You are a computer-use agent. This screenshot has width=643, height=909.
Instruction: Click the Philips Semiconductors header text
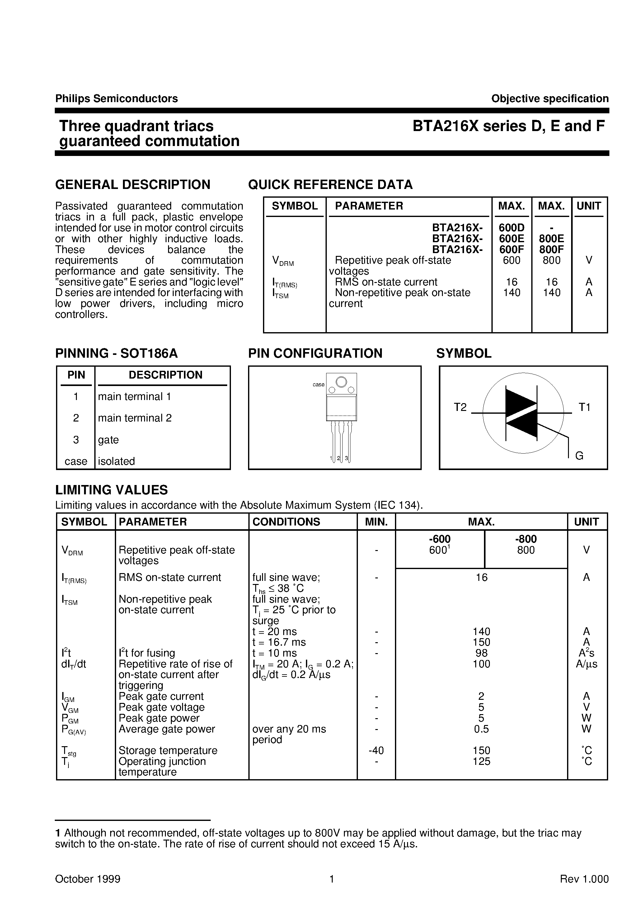point(116,99)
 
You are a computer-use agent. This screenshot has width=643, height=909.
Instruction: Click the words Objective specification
point(550,99)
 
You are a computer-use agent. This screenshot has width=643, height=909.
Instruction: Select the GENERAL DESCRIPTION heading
point(133,185)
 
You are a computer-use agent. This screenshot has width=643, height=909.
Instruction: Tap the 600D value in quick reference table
point(512,228)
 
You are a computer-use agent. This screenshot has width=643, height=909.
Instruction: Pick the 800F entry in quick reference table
point(551,249)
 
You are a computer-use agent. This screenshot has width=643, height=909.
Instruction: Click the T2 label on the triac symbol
point(460,407)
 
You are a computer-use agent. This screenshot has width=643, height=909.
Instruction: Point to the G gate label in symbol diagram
point(579,456)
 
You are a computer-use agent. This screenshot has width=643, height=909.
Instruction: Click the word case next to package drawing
point(318,384)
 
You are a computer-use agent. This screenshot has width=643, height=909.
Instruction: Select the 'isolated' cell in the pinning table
point(116,461)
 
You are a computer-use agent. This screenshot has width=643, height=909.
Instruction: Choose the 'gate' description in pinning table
point(109,440)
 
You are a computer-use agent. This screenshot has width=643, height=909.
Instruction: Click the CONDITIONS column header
point(286,522)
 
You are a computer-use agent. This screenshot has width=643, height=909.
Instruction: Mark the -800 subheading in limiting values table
point(526,539)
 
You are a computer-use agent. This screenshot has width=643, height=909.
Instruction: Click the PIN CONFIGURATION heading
point(315,353)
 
